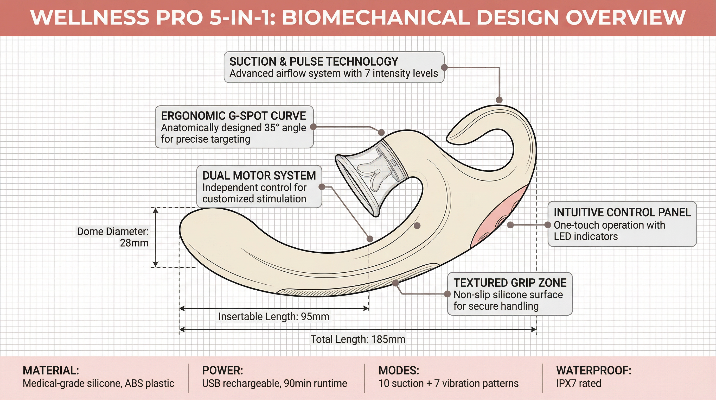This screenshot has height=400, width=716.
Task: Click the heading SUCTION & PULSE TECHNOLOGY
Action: [x=314, y=61]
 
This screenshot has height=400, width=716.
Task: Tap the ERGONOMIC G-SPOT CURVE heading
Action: [x=233, y=116]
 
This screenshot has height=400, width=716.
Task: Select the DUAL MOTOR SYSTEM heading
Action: [x=259, y=176]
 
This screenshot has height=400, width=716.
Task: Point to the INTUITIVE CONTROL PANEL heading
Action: [x=622, y=213]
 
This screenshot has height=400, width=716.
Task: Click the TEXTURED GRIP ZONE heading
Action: [x=510, y=283]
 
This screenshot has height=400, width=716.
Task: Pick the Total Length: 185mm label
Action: [x=358, y=339]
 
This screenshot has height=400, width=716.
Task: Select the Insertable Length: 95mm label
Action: [x=274, y=317]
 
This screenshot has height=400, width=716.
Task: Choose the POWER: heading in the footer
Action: [x=222, y=371]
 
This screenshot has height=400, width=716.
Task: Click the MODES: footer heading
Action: [x=399, y=371]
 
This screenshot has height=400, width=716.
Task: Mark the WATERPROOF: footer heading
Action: [x=594, y=371]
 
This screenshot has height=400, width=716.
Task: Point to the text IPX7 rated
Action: [x=578, y=383]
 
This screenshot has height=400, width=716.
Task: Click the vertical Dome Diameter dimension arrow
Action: [x=156, y=237]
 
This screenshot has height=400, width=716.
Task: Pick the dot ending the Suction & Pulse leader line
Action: [x=499, y=100]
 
